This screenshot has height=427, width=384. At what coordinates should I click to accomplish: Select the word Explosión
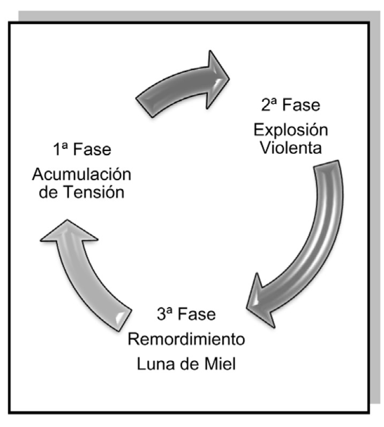click(291, 130)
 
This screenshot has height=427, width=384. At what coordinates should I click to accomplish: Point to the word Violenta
click(291, 147)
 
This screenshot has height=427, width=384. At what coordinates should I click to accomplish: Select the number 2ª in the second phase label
click(270, 106)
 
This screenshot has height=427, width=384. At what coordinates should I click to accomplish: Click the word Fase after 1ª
click(92, 149)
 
